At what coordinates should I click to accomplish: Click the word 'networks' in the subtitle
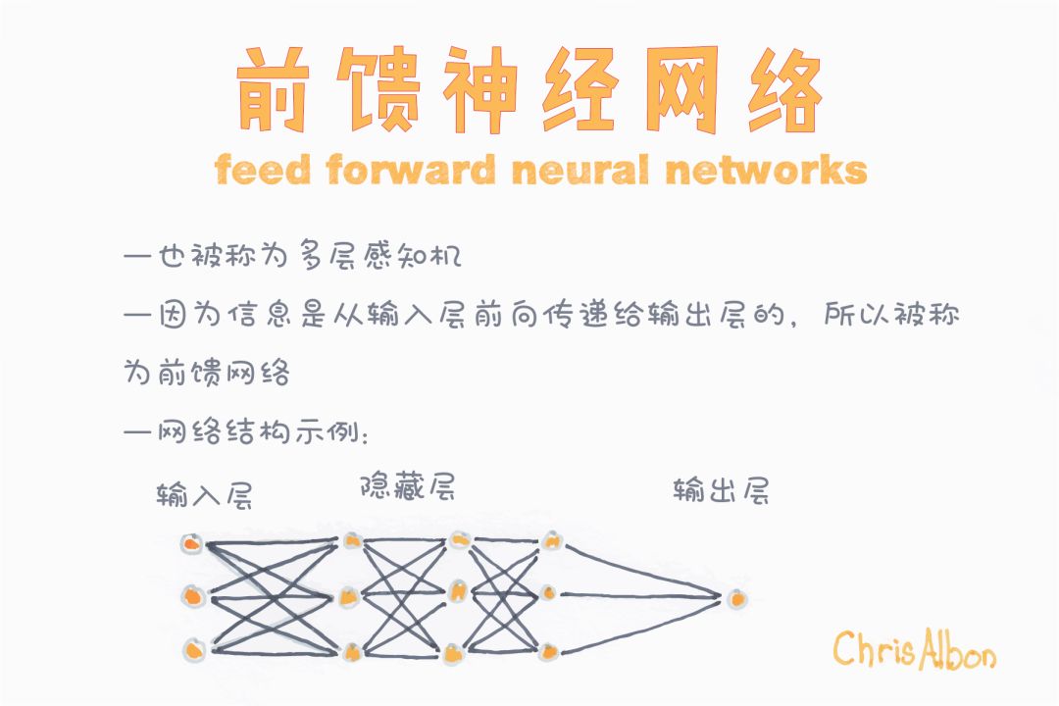point(766,171)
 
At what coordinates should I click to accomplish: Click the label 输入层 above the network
point(205,495)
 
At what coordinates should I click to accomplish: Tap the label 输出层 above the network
point(721,489)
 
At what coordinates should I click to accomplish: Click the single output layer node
point(736,596)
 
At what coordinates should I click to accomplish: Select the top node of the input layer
point(192,543)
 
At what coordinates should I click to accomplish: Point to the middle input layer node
point(193,595)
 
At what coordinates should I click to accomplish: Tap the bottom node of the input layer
point(194,648)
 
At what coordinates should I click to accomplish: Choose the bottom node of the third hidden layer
point(550,648)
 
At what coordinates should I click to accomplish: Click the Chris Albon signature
point(914,649)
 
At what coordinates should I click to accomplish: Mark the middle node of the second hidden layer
point(457,591)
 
